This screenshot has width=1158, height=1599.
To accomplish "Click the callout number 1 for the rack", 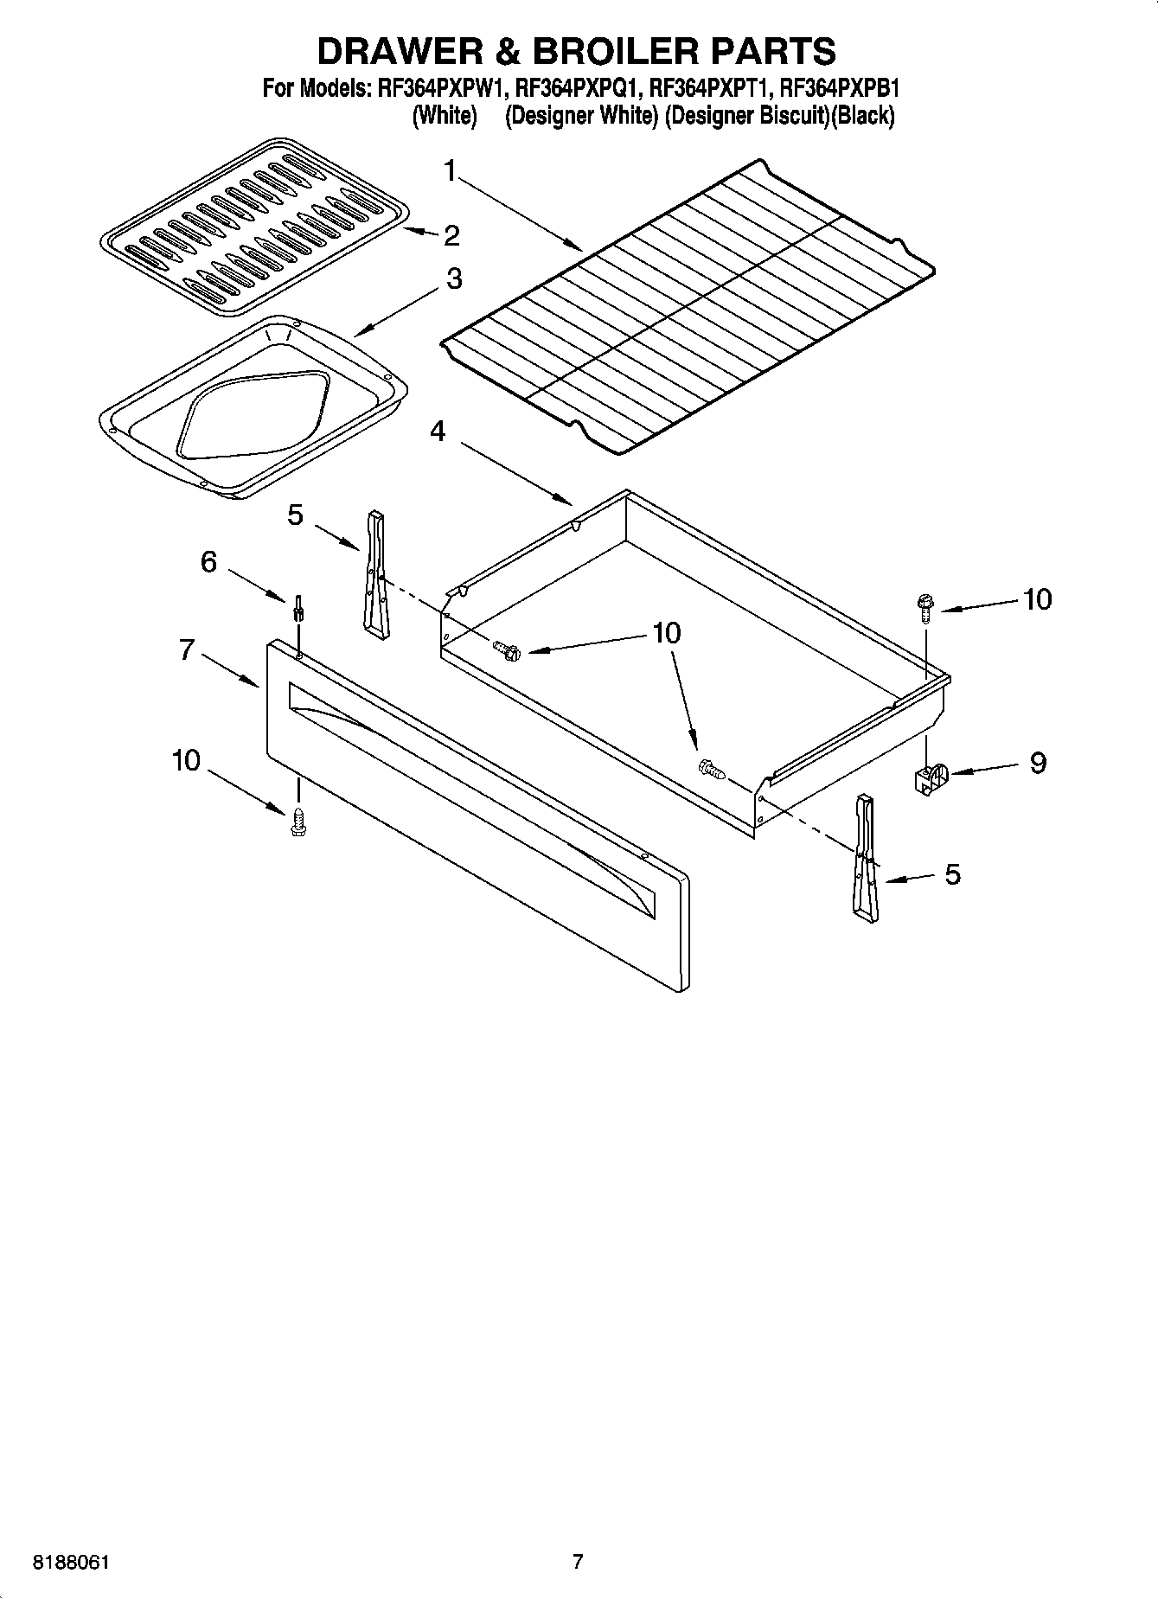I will point(449,171).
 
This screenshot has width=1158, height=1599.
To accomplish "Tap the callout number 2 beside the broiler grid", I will point(451,235).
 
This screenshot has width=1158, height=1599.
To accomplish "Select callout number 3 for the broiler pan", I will point(453,278).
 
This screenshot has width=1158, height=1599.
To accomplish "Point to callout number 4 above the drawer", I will point(438,431).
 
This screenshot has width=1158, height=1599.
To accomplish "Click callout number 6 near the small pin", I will point(208,562).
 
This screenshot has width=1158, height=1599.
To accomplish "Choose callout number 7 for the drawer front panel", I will point(187,649).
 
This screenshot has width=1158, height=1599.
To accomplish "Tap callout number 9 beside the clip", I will point(1037,763).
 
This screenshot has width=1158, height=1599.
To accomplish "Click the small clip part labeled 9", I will point(931,776).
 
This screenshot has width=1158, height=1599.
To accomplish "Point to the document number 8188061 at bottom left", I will point(71,1563).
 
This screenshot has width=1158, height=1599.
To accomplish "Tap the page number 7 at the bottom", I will point(578,1562).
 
